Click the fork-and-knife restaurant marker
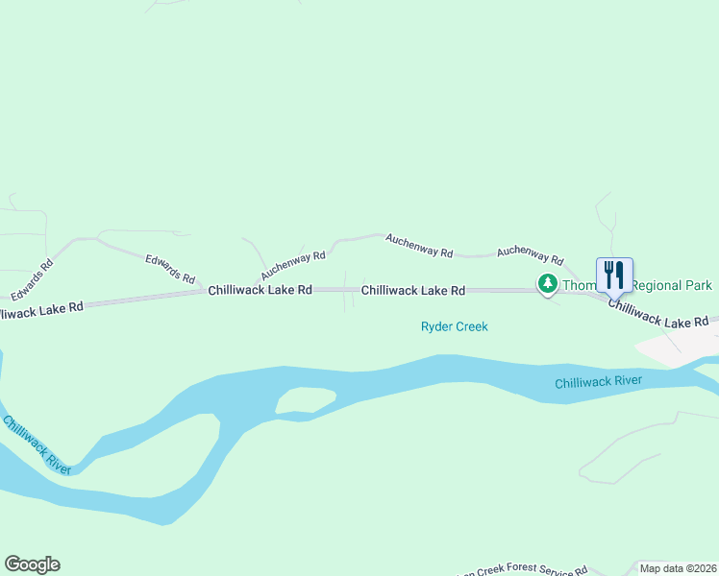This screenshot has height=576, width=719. coord(614,276)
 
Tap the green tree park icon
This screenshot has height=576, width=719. coord(547,284)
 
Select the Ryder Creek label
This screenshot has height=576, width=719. coord(454,326)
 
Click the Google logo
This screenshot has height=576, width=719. coord(32,564)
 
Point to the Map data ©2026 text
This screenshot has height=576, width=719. coord(679,568)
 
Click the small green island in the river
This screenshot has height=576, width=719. coord(305,400)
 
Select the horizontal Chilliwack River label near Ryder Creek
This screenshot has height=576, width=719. coord(598,382)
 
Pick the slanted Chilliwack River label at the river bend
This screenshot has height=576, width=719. coord(36,444)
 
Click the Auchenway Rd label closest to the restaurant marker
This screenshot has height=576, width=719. coord(530,253)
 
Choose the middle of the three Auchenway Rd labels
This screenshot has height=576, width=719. coord(419,245)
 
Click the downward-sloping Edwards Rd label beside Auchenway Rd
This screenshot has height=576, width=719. coord(170,266)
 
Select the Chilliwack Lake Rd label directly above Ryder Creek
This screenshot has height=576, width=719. coord(412,290)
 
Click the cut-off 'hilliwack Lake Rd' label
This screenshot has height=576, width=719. coord(41,309)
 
